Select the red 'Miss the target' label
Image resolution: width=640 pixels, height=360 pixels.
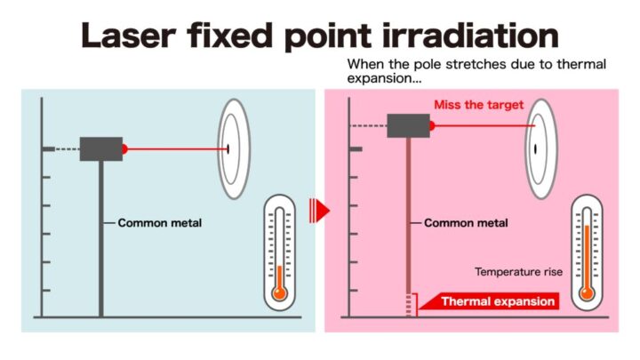pyautogui.click(x=478, y=105)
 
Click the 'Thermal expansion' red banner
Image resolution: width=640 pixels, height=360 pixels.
pyautogui.click(x=498, y=301)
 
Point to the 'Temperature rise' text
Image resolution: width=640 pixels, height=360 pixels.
pyautogui.click(x=518, y=272)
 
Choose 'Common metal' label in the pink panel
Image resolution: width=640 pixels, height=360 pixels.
pyautogui.click(x=466, y=222)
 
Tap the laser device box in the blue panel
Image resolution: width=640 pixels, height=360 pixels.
pyautogui.click(x=100, y=148)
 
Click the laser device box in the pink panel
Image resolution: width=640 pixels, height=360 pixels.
pyautogui.click(x=408, y=125)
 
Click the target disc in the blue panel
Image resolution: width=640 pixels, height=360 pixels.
pyautogui.click(x=233, y=148)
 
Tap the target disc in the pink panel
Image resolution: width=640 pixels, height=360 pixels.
pyautogui.click(x=539, y=148)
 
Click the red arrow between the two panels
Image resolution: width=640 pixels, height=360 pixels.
pyautogui.click(x=319, y=211)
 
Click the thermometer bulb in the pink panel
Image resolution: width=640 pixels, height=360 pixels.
pyautogui.click(x=587, y=292)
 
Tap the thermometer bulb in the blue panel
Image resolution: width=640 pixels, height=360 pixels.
pyautogui.click(x=280, y=292)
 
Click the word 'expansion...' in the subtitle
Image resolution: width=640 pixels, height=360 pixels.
pyautogui.click(x=382, y=79)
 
